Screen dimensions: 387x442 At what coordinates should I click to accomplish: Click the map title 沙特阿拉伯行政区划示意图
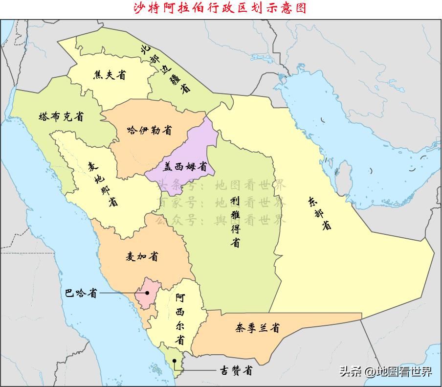tap(221, 8)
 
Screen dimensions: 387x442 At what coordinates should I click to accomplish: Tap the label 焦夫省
tap(110, 75)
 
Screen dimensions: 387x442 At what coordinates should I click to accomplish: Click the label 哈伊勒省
tap(149, 130)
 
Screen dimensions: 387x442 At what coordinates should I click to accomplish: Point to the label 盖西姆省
tap(185, 166)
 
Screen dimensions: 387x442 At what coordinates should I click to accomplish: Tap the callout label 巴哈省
tap(81, 293)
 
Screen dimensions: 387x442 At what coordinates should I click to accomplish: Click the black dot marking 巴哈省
tap(147, 293)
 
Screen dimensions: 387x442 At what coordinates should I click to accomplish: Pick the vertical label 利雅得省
tap(236, 222)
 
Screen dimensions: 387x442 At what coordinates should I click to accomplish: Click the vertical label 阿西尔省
tap(180, 318)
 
